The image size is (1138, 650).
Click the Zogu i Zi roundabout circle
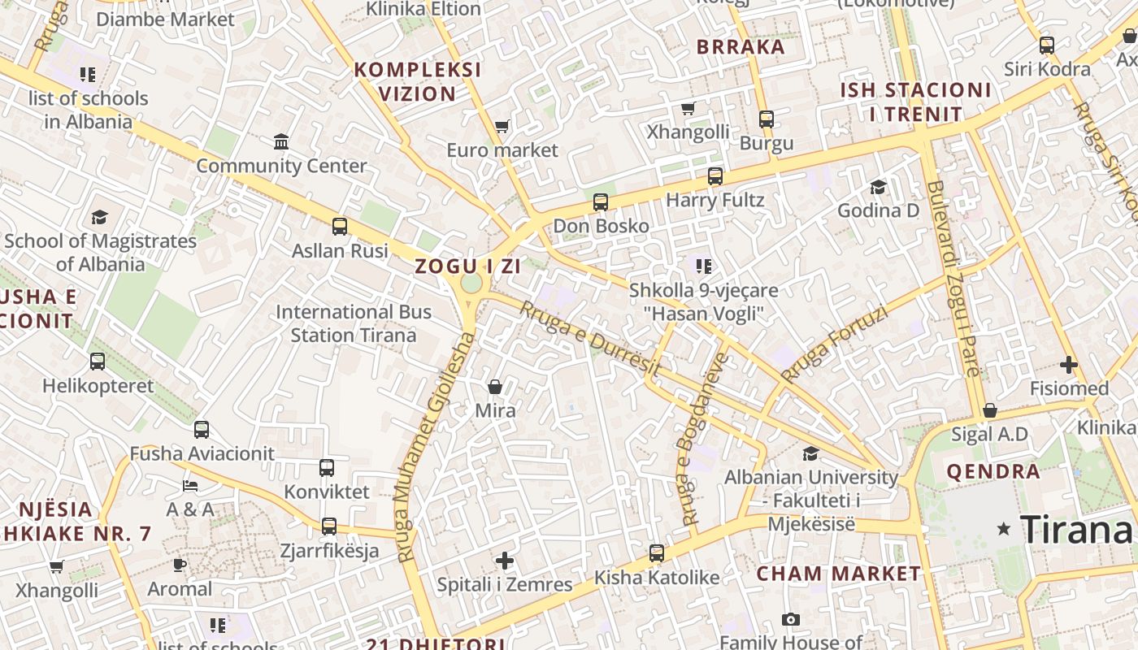click(471, 284)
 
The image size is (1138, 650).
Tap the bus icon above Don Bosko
click(601, 202)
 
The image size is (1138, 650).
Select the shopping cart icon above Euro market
click(502, 126)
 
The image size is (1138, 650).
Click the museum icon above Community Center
click(281, 141)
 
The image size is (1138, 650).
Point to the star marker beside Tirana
click(1004, 529)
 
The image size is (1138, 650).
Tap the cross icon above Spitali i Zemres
click(505, 561)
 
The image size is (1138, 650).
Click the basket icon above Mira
click(495, 387)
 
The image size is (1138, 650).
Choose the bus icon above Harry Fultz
click(715, 175)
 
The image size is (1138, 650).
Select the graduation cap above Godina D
click(878, 188)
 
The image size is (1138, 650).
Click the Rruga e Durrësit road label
click(589, 337)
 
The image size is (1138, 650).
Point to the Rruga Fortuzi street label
click(834, 343)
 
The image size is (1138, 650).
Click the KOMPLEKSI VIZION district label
click(418, 81)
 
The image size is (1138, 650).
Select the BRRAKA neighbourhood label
click(741, 46)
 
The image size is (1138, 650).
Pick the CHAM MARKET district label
click(839, 574)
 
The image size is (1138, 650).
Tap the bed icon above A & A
click(190, 486)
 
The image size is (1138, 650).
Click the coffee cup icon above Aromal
click(180, 565)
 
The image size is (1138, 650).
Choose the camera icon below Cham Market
click(790, 620)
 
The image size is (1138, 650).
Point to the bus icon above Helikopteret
click(98, 361)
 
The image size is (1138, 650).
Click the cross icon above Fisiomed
click(1069, 365)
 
